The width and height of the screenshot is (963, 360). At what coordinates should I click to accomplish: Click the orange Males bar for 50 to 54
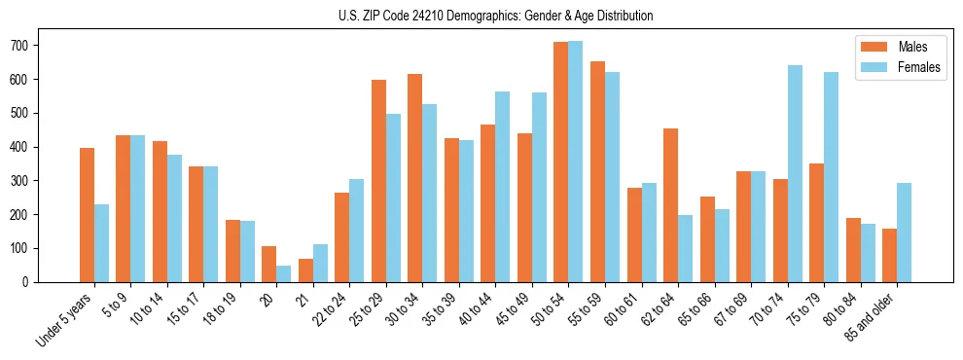561,162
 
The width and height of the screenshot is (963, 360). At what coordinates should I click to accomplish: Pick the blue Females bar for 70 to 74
795,173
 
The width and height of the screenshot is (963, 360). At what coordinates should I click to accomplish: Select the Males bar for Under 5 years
87,215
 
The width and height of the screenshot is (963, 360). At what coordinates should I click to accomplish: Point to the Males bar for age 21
305,270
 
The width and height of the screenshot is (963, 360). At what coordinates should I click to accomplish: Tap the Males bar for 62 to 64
670,205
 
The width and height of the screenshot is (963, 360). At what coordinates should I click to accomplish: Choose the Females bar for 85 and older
904,233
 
